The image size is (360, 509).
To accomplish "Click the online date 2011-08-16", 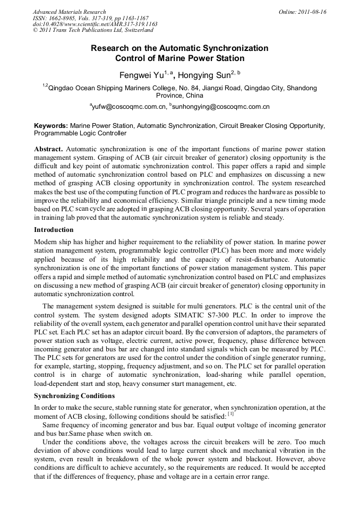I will pos(312,12).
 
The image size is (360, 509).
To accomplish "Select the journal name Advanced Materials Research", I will pos(70,12).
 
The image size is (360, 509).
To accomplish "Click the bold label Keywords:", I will pos(51,126).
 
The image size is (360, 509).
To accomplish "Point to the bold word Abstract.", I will pos(49,149).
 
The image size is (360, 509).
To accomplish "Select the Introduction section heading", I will pos(54,230).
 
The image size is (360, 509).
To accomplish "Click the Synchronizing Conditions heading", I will pos(74,396).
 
